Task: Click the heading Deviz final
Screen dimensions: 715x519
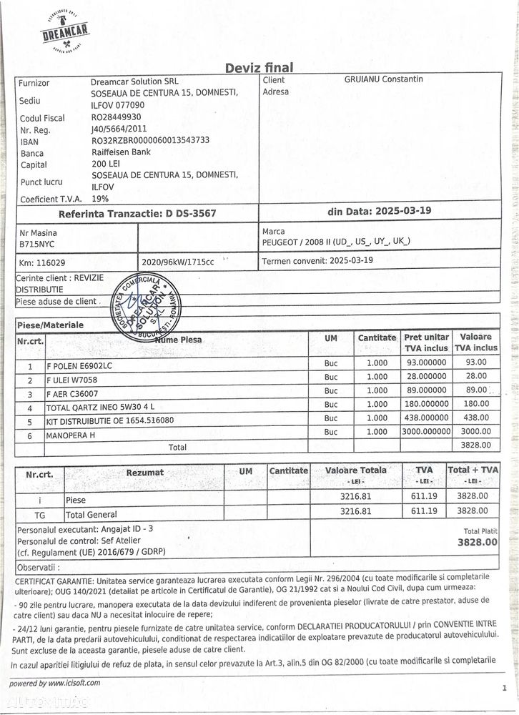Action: pos(259,68)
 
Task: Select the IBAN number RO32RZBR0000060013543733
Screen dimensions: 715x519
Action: pos(150,140)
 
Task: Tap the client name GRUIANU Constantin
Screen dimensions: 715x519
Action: pos(383,79)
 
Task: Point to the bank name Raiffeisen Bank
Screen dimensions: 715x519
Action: pos(120,152)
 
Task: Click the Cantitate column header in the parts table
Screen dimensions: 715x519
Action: pos(377,337)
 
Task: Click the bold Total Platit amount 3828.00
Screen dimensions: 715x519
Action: pos(477,543)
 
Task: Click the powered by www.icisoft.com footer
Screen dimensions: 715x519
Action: pos(55,683)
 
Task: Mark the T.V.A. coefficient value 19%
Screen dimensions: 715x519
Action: pos(100,199)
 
